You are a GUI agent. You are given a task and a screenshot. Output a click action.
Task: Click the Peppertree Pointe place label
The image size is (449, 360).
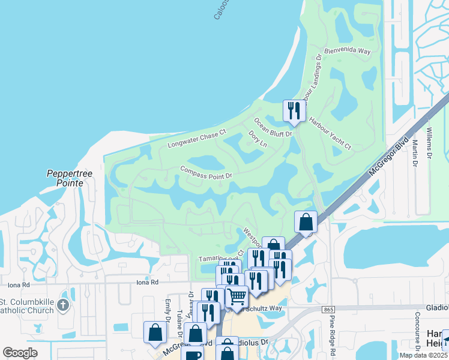pyautogui.click(x=70, y=178)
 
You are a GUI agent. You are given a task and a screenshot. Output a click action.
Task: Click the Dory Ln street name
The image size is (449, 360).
pyautogui.click(x=257, y=140)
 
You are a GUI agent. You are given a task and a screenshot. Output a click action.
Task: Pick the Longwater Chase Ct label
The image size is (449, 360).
pyautogui.click(x=196, y=138)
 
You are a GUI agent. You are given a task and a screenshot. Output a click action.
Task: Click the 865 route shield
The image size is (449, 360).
pyautogui.click(x=328, y=308)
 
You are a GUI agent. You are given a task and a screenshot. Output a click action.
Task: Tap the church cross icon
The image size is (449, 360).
pyautogui.click(x=63, y=307)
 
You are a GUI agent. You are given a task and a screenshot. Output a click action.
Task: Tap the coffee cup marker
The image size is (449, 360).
pyautogui.click(x=191, y=354)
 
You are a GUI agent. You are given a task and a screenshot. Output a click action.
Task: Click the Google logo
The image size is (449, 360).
pyautogui.click(x=20, y=353)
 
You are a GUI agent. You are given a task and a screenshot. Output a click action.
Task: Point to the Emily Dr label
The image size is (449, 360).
pyautogui.click(x=167, y=311)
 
